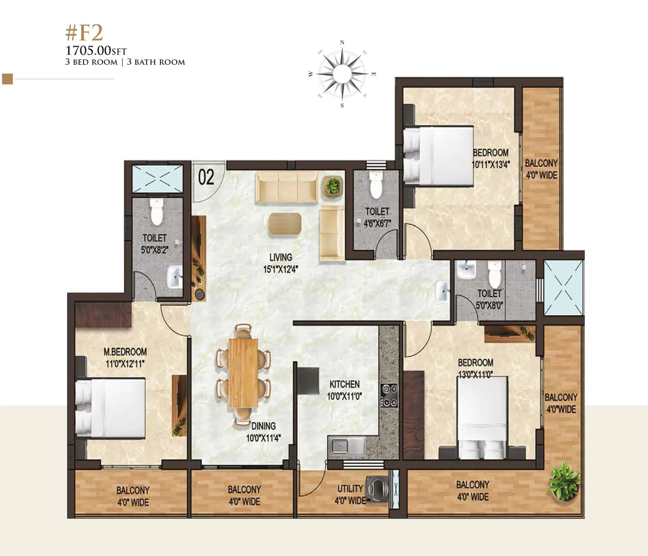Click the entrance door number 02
206,178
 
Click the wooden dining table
243,373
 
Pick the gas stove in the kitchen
389,395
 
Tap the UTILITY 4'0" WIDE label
350,494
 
